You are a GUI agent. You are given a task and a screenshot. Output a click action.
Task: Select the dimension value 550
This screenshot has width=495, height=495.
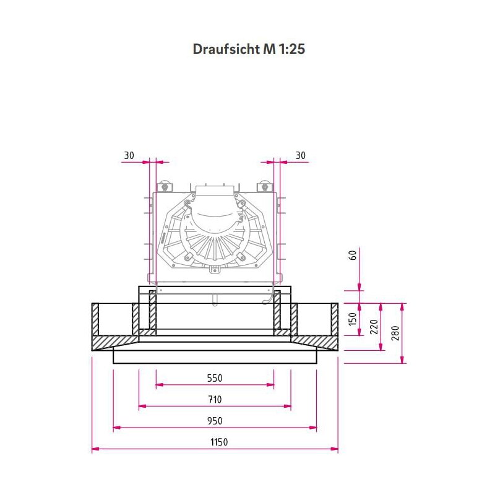214,378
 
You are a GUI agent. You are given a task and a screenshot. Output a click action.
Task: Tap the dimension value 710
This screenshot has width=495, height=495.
214,399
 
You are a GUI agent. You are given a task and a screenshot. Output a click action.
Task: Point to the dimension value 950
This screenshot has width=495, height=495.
214,421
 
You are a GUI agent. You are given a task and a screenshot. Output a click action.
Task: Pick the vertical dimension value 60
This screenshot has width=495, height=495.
353,255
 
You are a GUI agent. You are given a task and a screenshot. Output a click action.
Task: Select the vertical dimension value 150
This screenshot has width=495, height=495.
353,319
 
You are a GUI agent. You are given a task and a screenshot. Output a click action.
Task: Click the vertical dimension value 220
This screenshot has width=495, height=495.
374,327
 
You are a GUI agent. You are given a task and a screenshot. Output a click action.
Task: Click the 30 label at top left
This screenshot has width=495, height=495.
129,156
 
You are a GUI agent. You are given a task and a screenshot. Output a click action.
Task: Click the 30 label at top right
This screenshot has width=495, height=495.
301,156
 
